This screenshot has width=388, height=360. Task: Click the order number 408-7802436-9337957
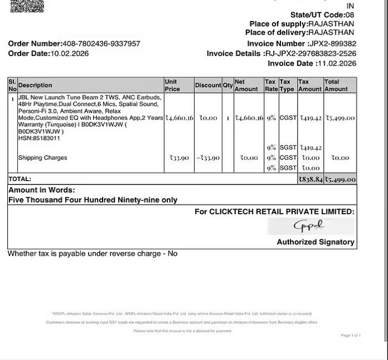click(x=101, y=44)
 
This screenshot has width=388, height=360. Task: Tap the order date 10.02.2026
click(x=69, y=54)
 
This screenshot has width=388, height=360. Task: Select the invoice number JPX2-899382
click(x=332, y=44)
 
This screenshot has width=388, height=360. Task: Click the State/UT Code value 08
click(x=349, y=14)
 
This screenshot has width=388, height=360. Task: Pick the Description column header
click(x=35, y=85)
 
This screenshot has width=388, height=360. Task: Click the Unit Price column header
click(x=172, y=85)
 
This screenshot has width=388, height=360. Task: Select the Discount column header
click(x=208, y=85)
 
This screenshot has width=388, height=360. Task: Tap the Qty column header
click(x=228, y=85)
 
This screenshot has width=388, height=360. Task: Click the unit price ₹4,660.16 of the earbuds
click(x=179, y=118)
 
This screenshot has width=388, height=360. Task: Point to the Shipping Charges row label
click(x=43, y=158)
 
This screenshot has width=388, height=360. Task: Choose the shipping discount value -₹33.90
click(x=208, y=158)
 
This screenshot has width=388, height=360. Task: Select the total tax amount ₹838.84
click(x=310, y=179)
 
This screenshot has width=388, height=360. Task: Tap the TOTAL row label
click(x=19, y=179)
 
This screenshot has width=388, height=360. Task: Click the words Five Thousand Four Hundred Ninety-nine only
click(x=93, y=200)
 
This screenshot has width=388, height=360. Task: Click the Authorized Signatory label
click(x=315, y=242)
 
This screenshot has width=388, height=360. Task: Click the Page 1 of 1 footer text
click(x=351, y=336)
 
